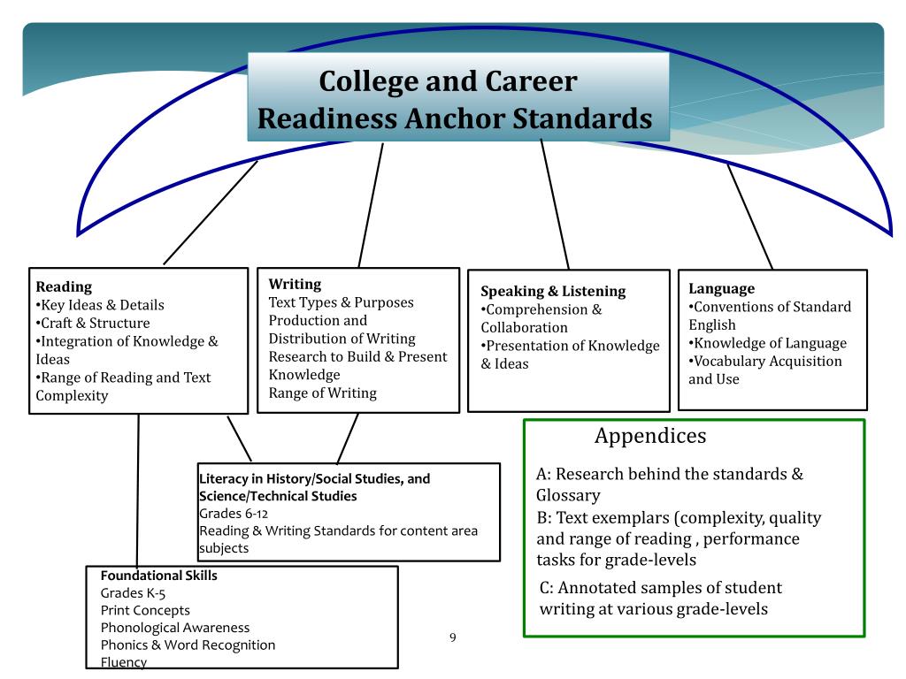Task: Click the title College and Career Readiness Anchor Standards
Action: pos(457,99)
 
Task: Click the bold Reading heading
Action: pos(64,286)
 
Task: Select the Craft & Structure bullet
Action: pos(93,323)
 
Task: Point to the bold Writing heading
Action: pos(295,284)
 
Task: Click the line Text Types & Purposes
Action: pos(341,302)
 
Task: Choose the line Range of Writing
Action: pos(322,393)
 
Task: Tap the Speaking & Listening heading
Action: pos(553,291)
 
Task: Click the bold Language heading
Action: pos(721,288)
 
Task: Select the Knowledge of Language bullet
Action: pos(768,343)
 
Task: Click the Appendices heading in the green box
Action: pos(650,436)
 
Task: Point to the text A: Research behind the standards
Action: pos(669,474)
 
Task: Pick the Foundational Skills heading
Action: pos(158,576)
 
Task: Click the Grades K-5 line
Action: pos(133,593)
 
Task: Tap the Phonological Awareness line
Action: pos(175,628)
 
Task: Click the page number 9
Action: pos(453,637)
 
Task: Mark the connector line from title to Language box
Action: pos(749,217)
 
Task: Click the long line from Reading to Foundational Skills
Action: pos(138,495)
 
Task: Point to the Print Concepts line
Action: pos(145,610)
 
